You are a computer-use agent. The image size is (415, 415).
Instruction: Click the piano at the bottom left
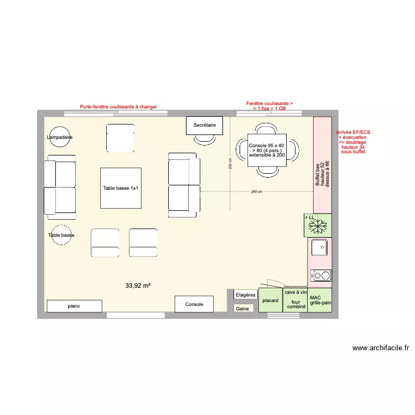(74, 306)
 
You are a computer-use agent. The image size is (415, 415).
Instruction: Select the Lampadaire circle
(60, 137)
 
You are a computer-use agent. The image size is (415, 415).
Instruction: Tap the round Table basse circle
(61, 235)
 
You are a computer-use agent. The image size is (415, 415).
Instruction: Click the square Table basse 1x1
(120, 188)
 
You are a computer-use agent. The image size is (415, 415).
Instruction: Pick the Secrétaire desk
(204, 125)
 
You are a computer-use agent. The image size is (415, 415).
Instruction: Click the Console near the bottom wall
(194, 304)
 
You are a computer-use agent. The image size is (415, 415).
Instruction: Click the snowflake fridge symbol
(318, 225)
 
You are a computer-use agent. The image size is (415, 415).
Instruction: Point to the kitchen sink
(320, 248)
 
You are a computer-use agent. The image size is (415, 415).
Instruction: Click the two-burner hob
(320, 275)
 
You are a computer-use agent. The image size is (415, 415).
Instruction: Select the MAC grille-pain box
(320, 300)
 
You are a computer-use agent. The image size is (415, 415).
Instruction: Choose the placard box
(270, 300)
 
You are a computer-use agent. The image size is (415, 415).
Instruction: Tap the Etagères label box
(245, 295)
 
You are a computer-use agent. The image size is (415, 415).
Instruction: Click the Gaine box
(242, 309)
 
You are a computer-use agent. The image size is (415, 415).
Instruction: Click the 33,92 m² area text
(138, 286)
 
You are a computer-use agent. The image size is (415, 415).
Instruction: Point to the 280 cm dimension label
(256, 192)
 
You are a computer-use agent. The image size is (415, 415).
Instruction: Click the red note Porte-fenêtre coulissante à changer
(118, 107)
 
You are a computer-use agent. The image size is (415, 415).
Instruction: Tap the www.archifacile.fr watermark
(380, 348)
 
